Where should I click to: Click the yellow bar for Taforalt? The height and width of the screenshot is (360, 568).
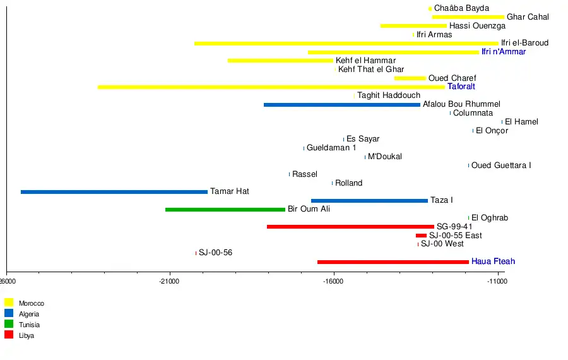click(x=271, y=87)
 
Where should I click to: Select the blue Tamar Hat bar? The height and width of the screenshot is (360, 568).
click(x=114, y=192)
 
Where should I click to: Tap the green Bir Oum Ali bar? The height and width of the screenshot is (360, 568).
click(x=225, y=209)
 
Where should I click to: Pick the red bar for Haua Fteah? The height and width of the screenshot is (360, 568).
click(x=393, y=261)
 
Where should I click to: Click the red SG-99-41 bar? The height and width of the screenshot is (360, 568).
click(x=350, y=227)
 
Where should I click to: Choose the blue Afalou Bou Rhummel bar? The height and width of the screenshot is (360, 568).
click(x=342, y=104)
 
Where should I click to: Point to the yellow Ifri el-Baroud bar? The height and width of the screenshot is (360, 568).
click(x=346, y=43)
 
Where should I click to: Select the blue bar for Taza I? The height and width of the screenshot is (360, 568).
click(x=369, y=201)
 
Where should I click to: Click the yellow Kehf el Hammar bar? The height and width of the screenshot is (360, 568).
click(x=280, y=61)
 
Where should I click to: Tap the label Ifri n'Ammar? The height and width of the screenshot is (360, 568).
click(x=503, y=52)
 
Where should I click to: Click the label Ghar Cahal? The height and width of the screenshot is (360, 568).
click(x=528, y=17)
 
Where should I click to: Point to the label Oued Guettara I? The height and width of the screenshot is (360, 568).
click(x=501, y=165)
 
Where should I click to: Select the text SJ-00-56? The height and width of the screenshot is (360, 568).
click(x=215, y=253)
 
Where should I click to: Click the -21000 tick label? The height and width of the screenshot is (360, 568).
click(x=169, y=282)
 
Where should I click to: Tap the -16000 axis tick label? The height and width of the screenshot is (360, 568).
click(x=334, y=282)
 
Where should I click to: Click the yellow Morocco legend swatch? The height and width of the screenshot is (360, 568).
click(x=9, y=303)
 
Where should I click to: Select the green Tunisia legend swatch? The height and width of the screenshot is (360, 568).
click(x=9, y=324)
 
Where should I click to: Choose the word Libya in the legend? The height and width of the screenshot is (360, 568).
click(x=27, y=335)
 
